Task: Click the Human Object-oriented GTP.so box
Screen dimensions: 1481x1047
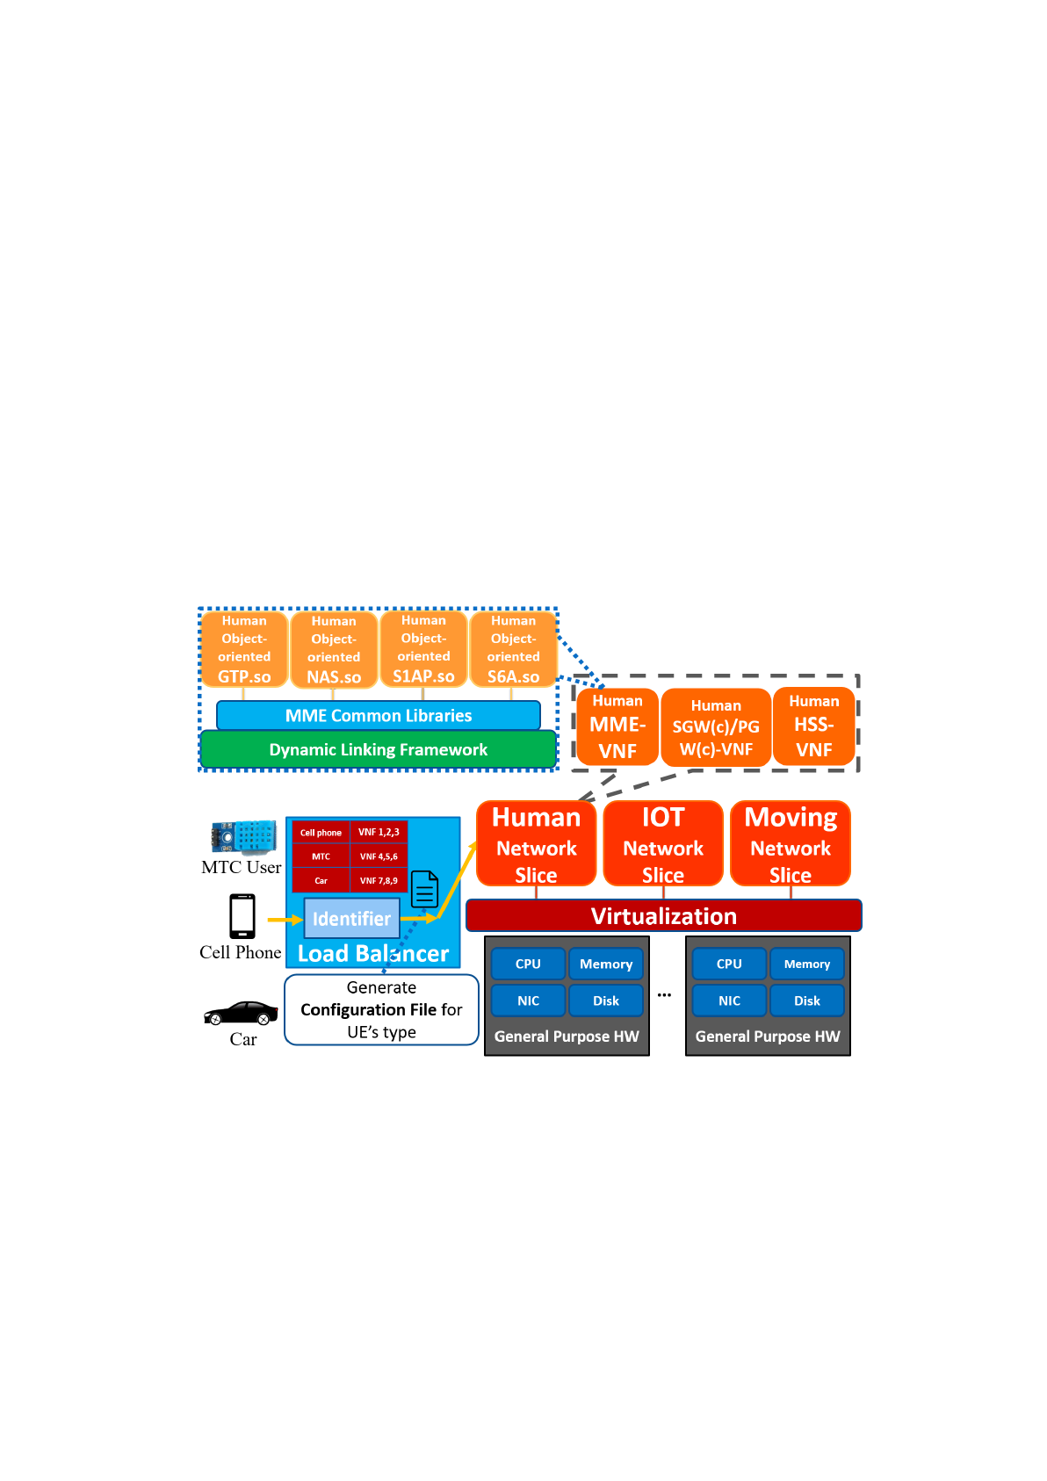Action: [x=244, y=649]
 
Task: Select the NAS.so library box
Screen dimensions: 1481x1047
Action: [x=334, y=649]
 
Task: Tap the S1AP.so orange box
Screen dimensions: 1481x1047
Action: [x=423, y=649]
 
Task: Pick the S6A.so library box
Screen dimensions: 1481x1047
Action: [x=513, y=649]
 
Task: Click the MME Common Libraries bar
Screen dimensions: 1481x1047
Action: [x=378, y=715]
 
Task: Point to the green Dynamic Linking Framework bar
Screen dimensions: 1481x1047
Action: [x=378, y=749]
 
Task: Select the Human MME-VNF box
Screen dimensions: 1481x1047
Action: [x=617, y=726]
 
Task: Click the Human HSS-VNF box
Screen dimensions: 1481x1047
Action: [x=814, y=726]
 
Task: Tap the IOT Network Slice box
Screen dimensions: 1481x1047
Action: [x=663, y=843]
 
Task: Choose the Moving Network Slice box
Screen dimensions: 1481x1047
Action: [x=791, y=843]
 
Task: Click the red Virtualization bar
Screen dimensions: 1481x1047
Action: [x=664, y=916]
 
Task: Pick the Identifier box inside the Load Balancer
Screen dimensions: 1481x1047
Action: [x=351, y=918]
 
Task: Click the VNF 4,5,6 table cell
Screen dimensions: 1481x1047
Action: [x=379, y=856]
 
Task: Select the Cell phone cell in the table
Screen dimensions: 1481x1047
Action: [x=321, y=833]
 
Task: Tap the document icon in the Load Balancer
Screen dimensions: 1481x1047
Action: [x=425, y=889]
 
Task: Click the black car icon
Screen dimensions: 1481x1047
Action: [x=242, y=1014]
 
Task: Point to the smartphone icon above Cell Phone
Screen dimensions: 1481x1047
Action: [x=242, y=916]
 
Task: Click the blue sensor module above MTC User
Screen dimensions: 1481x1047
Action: [x=243, y=837]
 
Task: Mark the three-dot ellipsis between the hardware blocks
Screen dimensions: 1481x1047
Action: [x=664, y=995]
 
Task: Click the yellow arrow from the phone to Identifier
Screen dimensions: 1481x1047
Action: [x=285, y=920]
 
